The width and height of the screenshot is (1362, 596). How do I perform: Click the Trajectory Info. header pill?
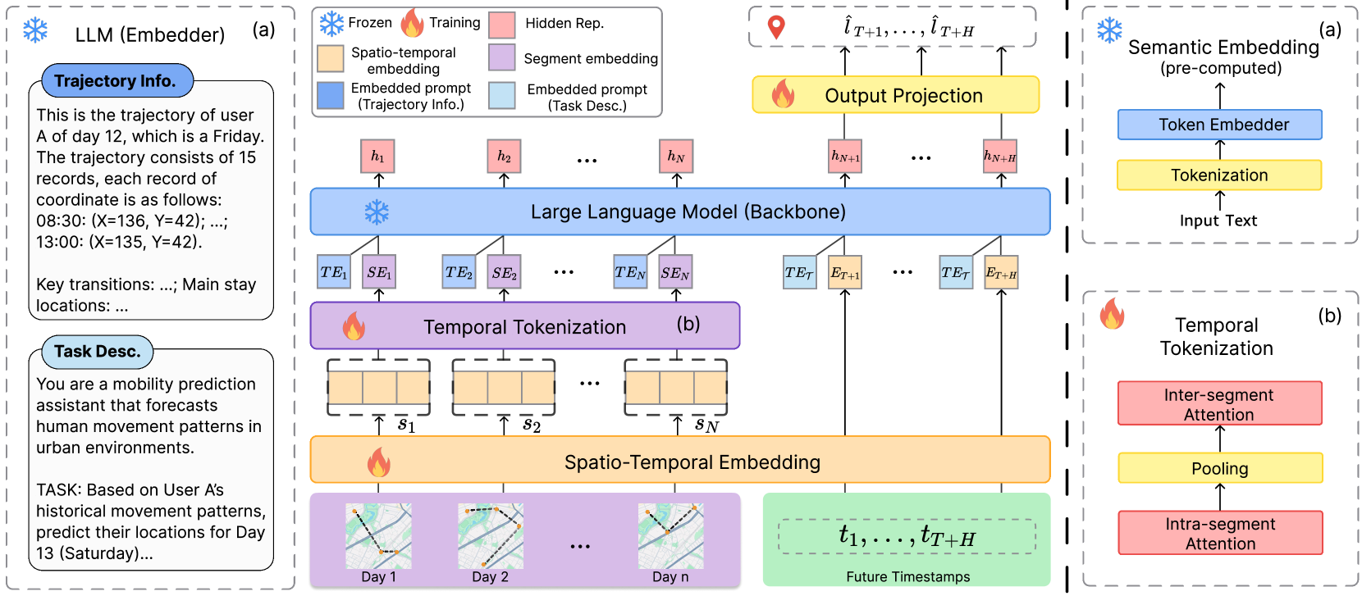[x=117, y=81]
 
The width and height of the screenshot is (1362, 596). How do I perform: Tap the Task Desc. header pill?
[x=97, y=352]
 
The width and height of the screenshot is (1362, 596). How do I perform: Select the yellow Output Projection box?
[x=896, y=95]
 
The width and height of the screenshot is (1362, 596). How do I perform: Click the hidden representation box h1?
[x=377, y=156]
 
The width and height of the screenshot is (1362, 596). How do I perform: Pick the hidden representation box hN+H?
[x=1000, y=156]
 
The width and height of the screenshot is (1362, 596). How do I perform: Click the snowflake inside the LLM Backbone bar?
[x=377, y=212]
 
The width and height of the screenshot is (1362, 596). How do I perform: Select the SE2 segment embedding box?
[x=505, y=273]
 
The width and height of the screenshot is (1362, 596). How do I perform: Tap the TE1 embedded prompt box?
[x=334, y=272]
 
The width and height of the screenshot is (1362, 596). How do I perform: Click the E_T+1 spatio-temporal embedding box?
[x=845, y=273]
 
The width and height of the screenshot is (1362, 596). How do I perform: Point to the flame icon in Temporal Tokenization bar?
[x=354, y=326]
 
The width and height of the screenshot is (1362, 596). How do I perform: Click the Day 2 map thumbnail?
[x=490, y=536]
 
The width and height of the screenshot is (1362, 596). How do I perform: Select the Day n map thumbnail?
[x=670, y=536]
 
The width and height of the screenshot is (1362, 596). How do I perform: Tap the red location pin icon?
[x=775, y=27]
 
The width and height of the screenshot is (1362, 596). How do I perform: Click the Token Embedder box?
[x=1219, y=125]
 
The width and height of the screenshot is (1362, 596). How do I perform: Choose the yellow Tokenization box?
[x=1219, y=175]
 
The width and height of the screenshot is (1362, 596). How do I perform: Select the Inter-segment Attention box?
[x=1219, y=403]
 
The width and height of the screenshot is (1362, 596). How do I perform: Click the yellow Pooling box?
[x=1219, y=468]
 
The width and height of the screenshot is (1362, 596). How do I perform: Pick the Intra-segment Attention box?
[x=1219, y=533]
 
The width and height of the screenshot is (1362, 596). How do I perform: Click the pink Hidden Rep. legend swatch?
[x=501, y=25]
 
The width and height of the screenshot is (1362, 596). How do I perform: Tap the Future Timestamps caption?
[x=907, y=576]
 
